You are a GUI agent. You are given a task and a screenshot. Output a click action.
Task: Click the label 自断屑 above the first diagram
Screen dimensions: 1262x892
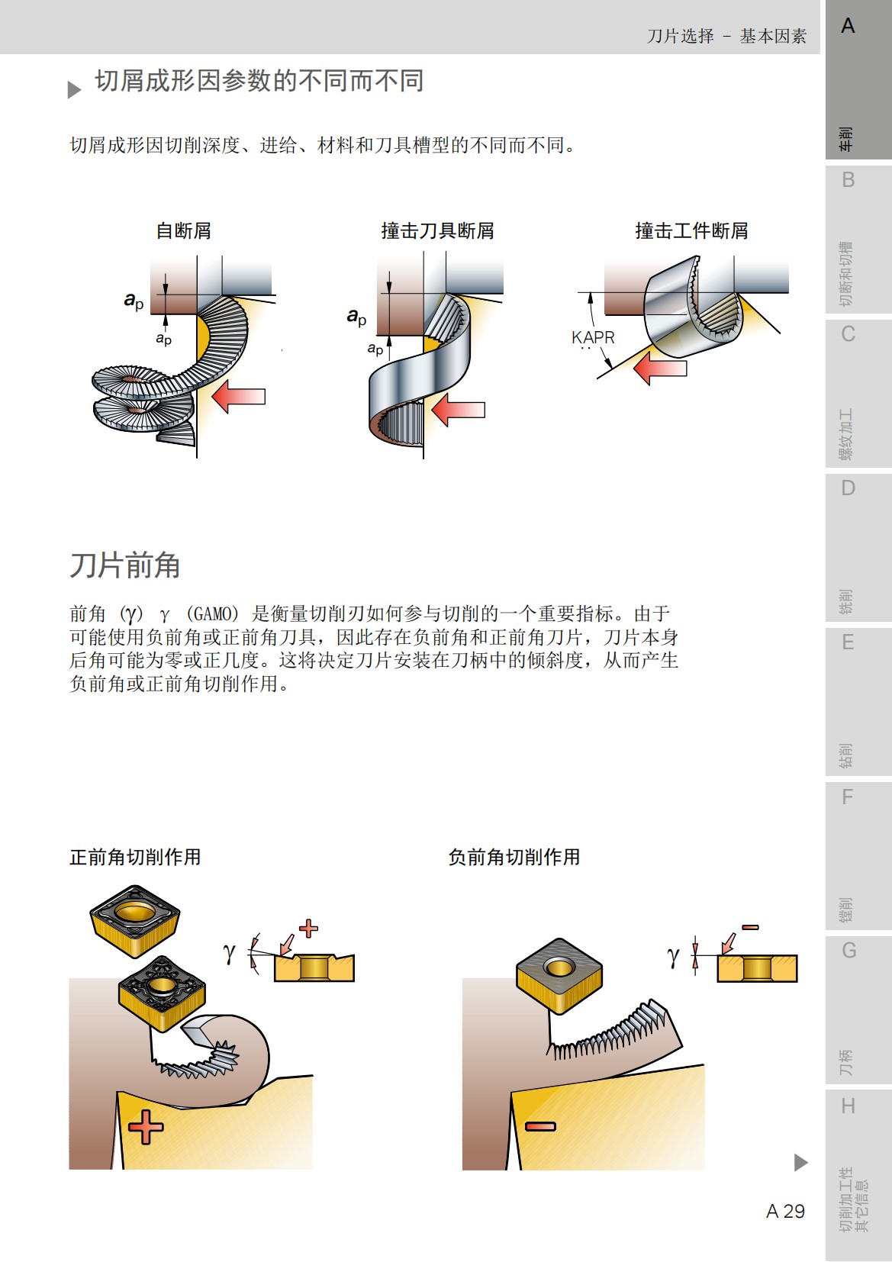(183, 230)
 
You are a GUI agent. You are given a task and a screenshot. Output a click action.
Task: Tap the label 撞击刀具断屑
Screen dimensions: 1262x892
(437, 230)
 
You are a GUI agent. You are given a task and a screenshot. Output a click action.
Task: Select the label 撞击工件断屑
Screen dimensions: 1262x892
(691, 230)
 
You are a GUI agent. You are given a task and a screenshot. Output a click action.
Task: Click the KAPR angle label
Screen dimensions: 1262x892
(593, 337)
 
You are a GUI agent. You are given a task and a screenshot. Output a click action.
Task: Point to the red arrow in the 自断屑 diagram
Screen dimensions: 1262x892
(239, 397)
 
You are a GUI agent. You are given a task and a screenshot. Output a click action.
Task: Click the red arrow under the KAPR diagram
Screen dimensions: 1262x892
(660, 369)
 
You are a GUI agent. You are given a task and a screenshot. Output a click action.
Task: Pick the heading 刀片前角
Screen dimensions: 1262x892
(125, 565)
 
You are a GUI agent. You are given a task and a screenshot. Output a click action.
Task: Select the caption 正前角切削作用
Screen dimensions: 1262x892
(135, 857)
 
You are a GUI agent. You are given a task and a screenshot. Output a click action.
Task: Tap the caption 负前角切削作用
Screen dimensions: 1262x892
(514, 857)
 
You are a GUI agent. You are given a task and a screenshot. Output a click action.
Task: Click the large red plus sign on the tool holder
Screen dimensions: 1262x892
(146, 1127)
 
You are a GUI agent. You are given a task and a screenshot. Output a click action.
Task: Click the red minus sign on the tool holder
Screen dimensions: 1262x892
(540, 1125)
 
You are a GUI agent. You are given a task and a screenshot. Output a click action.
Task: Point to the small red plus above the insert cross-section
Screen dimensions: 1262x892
(308, 929)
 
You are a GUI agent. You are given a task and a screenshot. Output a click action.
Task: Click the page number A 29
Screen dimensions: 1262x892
(785, 1211)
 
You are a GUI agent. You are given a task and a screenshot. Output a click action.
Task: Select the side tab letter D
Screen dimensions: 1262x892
(848, 488)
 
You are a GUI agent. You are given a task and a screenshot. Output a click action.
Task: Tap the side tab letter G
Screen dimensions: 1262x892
(849, 951)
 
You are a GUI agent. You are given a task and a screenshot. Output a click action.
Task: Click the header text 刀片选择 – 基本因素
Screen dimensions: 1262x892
(726, 36)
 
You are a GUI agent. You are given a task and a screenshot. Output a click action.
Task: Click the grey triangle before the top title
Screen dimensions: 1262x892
(74, 90)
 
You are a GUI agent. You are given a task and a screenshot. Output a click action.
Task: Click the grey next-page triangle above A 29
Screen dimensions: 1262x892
(800, 1162)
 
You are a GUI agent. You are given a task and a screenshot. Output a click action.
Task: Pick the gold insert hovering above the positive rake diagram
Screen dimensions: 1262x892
(135, 919)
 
